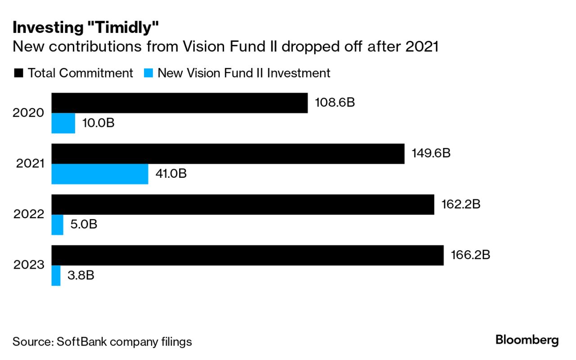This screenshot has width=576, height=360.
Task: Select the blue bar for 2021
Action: (99, 174)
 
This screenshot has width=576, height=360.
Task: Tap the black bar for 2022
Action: (243, 204)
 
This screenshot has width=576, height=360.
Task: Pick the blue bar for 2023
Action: (56, 275)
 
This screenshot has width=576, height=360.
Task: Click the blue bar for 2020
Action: (63, 123)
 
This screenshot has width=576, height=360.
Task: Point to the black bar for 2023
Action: (247, 255)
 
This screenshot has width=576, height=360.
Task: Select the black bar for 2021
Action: (228, 153)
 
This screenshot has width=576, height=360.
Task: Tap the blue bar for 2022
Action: (57, 225)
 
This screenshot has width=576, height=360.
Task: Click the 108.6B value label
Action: (335, 103)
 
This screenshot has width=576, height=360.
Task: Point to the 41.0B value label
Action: (171, 174)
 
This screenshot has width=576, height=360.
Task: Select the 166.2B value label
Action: (470, 255)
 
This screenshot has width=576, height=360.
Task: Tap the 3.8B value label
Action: (81, 275)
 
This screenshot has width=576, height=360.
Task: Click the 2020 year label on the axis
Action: (28, 113)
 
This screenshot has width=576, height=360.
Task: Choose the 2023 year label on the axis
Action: (28, 265)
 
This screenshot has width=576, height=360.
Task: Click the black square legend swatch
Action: (18, 73)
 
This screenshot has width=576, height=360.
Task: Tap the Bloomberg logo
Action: (527, 340)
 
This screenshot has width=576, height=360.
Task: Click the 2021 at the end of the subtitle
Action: (422, 47)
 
